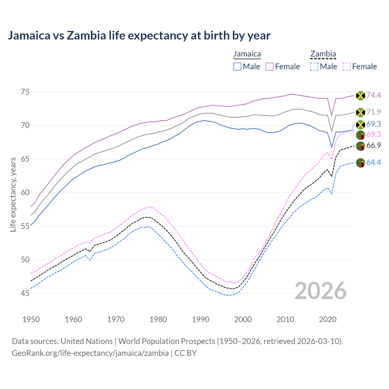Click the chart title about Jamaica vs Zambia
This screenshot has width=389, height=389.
(x=139, y=36)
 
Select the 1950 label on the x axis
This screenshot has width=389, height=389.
(x=31, y=319)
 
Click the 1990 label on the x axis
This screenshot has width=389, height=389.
(x=201, y=319)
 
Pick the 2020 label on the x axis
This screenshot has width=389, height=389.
(x=328, y=319)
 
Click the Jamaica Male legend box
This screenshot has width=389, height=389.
(x=237, y=67)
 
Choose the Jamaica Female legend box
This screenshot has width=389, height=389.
(x=270, y=67)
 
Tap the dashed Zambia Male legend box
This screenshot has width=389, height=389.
(x=314, y=67)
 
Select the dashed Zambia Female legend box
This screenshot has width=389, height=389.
(x=347, y=67)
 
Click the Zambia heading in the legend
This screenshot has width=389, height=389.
(x=323, y=54)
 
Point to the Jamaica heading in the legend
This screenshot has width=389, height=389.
(x=247, y=54)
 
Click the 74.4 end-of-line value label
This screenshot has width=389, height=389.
(x=374, y=95)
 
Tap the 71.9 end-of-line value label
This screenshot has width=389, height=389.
(x=374, y=112)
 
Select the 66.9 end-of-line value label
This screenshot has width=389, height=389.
(x=374, y=146)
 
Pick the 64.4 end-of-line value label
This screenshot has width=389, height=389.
(x=374, y=163)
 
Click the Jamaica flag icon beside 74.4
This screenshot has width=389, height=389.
(x=360, y=96)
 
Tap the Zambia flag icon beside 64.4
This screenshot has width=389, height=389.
(x=360, y=163)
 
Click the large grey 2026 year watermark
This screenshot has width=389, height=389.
(x=321, y=291)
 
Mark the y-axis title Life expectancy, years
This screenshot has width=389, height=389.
(x=13, y=194)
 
